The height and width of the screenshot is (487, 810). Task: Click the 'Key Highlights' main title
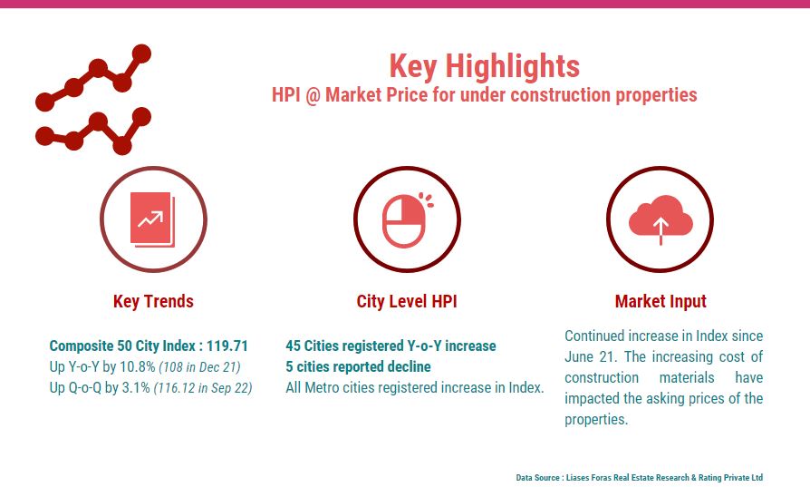pyautogui.click(x=484, y=66)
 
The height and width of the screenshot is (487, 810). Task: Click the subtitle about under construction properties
pyautogui.click(x=484, y=95)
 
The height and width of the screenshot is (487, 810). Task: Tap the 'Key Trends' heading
pyautogui.click(x=153, y=301)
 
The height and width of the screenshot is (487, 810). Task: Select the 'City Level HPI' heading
pyautogui.click(x=407, y=301)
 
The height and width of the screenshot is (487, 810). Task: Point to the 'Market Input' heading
pyautogui.click(x=661, y=301)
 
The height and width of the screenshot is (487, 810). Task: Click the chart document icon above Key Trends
pyautogui.click(x=152, y=219)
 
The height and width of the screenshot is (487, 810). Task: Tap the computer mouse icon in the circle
pyautogui.click(x=405, y=220)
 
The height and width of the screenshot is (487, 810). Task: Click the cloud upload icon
pyautogui.click(x=661, y=219)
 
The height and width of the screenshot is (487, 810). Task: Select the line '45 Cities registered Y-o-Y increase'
pyautogui.click(x=391, y=346)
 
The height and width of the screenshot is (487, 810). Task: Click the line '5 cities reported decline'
pyautogui.click(x=358, y=366)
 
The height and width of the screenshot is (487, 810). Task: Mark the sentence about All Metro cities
pyautogui.click(x=414, y=388)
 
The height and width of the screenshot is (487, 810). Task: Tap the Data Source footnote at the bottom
pyautogui.click(x=639, y=477)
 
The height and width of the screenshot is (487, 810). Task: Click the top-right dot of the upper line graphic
pyautogui.click(x=141, y=54)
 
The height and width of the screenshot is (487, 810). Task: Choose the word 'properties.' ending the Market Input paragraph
pyautogui.click(x=597, y=420)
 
